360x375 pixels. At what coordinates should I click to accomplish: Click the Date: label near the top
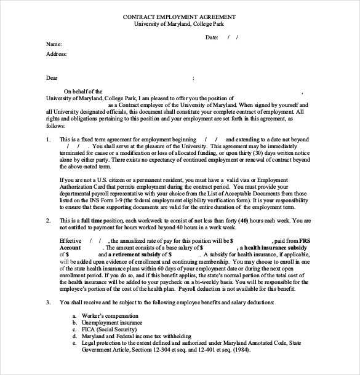click(x=212, y=37)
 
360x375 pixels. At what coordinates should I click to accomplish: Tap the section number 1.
click(x=49, y=140)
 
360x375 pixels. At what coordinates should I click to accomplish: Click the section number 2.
click(x=49, y=219)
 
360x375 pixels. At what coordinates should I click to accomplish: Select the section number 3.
click(x=49, y=302)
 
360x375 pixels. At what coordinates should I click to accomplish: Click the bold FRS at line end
click(x=307, y=240)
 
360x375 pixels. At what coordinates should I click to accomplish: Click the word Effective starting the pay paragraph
click(x=71, y=240)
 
